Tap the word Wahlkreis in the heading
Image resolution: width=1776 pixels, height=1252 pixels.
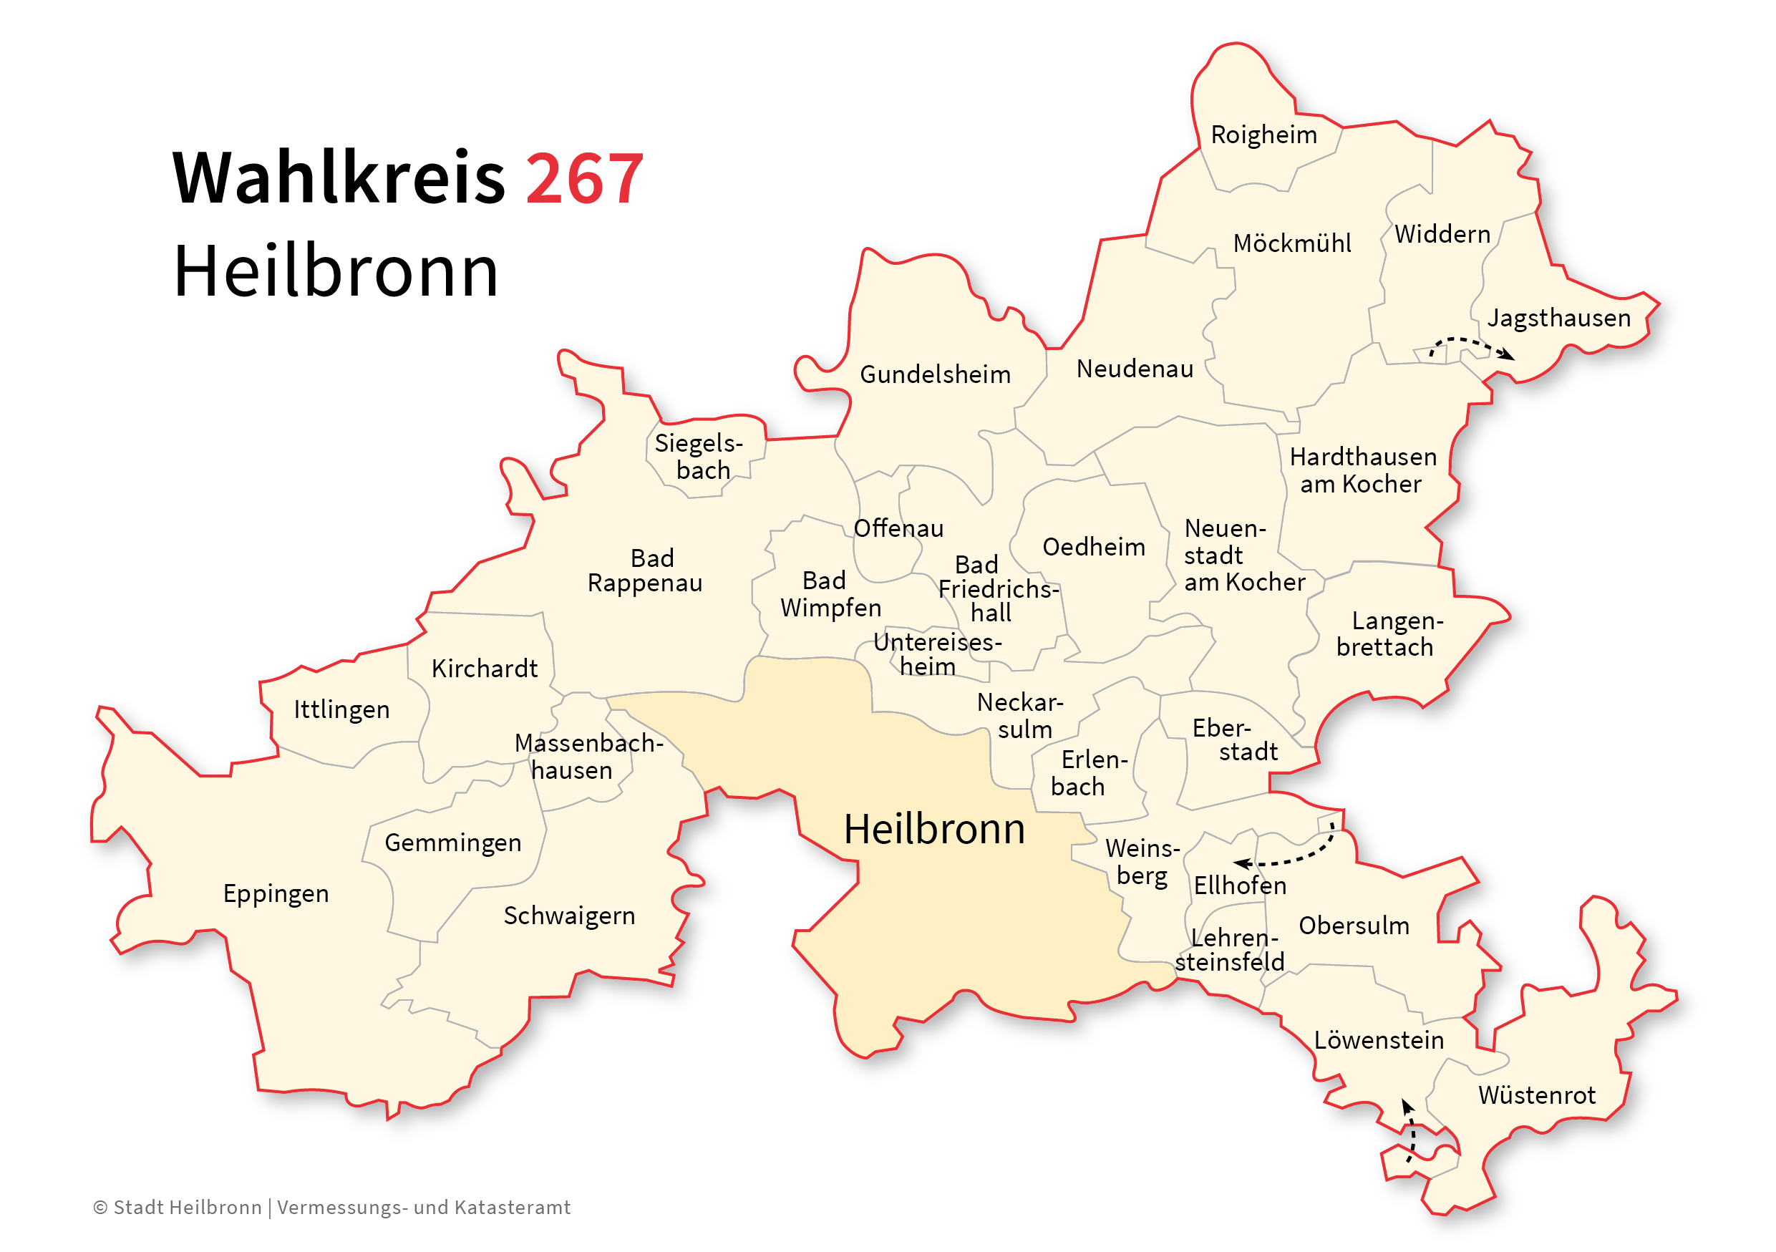[338, 180]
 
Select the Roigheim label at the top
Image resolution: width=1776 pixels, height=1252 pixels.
[1263, 135]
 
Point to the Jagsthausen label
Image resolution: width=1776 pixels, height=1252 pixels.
[1558, 318]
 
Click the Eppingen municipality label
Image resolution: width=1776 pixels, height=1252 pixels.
[276, 894]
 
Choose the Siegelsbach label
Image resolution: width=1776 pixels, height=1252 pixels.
[699, 457]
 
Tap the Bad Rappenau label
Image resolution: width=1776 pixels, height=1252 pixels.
[645, 571]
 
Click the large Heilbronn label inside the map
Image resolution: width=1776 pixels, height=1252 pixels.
[933, 830]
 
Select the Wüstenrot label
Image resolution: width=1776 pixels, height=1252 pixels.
[1536, 1096]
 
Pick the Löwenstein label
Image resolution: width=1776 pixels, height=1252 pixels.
[1379, 1041]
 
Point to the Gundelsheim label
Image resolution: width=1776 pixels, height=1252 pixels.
[935, 375]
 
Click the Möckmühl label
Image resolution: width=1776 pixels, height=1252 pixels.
[1292, 244]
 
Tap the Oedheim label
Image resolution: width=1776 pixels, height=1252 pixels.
[1093, 548]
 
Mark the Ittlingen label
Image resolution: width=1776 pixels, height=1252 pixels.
[341, 710]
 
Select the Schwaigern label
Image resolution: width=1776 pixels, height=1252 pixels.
[569, 916]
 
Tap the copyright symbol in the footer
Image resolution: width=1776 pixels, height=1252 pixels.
[100, 1208]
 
